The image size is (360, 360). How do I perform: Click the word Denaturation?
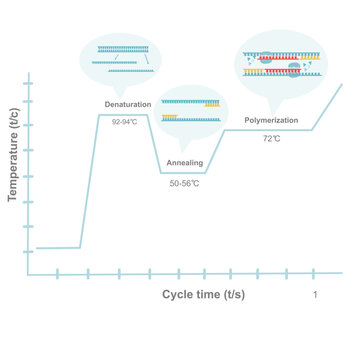[127, 105]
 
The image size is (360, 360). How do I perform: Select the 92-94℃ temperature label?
[124, 122]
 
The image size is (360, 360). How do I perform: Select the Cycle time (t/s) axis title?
[203, 295]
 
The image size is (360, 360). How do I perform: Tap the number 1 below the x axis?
[316, 295]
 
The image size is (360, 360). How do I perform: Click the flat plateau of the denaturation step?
[124, 115]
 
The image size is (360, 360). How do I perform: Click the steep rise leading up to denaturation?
[88, 180]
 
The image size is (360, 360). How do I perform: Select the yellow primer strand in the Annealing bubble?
[171, 118]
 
